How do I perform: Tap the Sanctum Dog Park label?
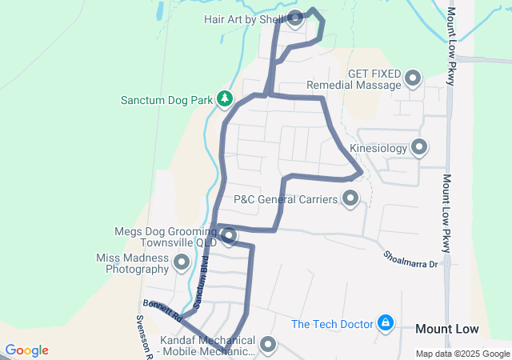[166, 101]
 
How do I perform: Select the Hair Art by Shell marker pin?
[294, 18]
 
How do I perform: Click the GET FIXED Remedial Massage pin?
[413, 78]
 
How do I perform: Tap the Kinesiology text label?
[378, 148]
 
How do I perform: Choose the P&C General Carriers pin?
[350, 198]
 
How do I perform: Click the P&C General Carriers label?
[286, 198]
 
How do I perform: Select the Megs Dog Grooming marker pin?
[229, 236]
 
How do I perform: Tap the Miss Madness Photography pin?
[182, 262]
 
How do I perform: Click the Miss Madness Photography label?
[132, 264]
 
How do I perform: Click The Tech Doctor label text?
[332, 324]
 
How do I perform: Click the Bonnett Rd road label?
[163, 310]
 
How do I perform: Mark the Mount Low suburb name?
[447, 329]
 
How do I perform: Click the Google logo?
[26, 350]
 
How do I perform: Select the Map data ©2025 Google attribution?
[462, 354]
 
